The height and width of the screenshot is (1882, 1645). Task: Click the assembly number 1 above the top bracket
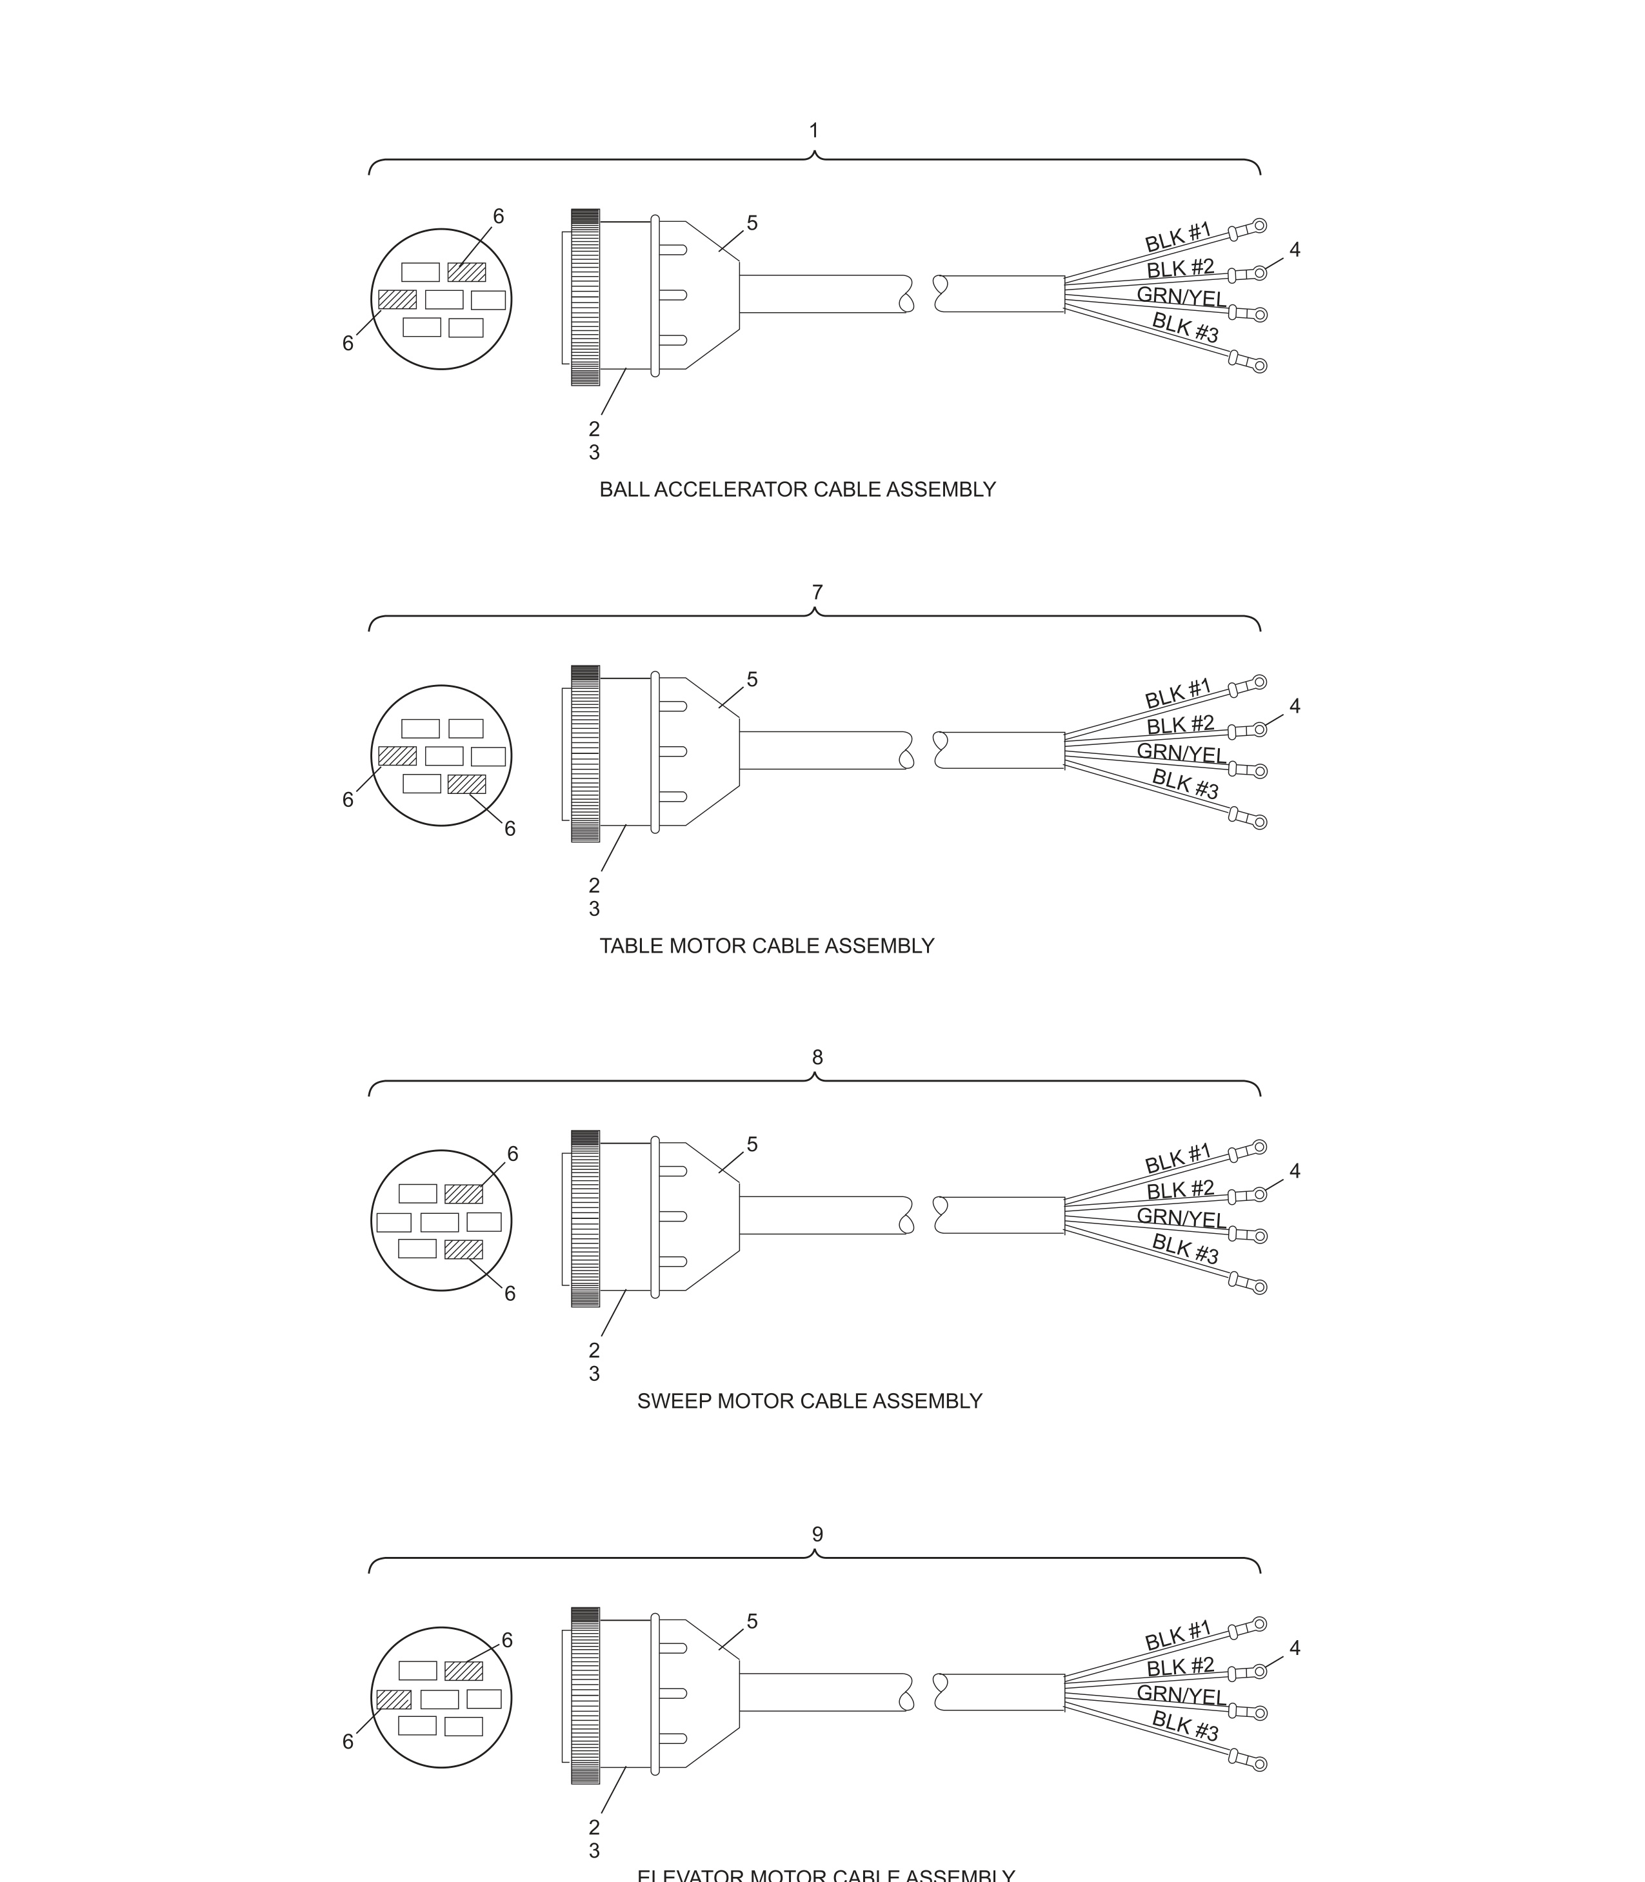(813, 131)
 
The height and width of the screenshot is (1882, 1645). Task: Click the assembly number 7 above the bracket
(817, 593)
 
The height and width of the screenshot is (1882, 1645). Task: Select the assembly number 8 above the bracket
(817, 1057)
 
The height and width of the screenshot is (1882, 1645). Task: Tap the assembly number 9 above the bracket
(817, 1534)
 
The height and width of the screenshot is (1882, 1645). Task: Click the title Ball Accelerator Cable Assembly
(797, 490)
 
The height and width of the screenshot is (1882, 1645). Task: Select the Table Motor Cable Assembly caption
(766, 946)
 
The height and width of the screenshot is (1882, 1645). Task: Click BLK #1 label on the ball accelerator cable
(1178, 237)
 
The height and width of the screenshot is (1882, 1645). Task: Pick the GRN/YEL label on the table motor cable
(1181, 753)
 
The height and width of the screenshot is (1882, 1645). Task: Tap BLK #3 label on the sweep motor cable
(1185, 1248)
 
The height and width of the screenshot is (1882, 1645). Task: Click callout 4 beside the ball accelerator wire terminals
(1294, 250)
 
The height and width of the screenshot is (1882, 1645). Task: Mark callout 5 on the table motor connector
(752, 680)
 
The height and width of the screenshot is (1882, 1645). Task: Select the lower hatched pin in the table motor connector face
(466, 784)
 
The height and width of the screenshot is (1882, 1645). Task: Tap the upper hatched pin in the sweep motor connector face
(464, 1194)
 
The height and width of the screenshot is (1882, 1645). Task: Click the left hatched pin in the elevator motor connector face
(394, 1699)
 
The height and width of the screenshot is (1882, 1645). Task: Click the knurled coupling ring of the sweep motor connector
(584, 1218)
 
